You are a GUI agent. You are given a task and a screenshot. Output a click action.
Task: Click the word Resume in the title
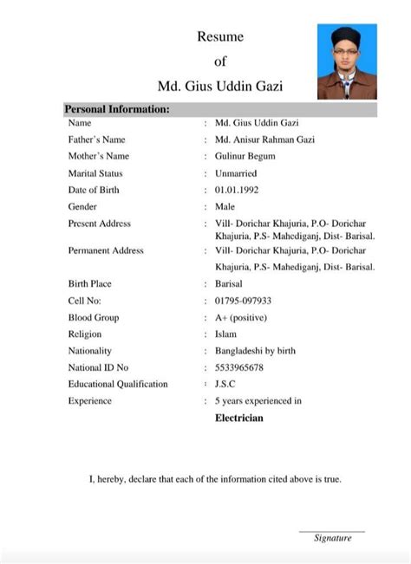click(220, 36)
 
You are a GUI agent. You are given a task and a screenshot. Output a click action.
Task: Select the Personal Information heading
click(117, 109)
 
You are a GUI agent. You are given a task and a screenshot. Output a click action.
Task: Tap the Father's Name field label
click(96, 139)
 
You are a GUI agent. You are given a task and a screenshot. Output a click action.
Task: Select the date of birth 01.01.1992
click(237, 190)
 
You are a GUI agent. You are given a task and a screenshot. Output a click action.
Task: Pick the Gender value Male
click(225, 206)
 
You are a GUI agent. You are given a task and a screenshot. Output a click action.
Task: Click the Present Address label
click(99, 224)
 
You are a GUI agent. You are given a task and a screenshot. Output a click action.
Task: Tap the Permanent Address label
click(105, 250)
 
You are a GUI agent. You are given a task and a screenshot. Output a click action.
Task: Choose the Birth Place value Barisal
click(229, 283)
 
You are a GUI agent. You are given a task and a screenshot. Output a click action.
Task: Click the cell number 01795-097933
click(243, 300)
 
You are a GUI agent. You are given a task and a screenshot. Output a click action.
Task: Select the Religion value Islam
click(226, 334)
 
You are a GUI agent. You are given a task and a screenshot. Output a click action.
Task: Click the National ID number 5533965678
click(238, 367)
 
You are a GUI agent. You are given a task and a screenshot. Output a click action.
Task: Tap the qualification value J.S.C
click(225, 384)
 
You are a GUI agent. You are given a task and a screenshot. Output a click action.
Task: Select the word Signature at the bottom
click(332, 538)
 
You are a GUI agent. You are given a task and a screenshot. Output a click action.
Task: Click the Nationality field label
click(89, 351)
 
